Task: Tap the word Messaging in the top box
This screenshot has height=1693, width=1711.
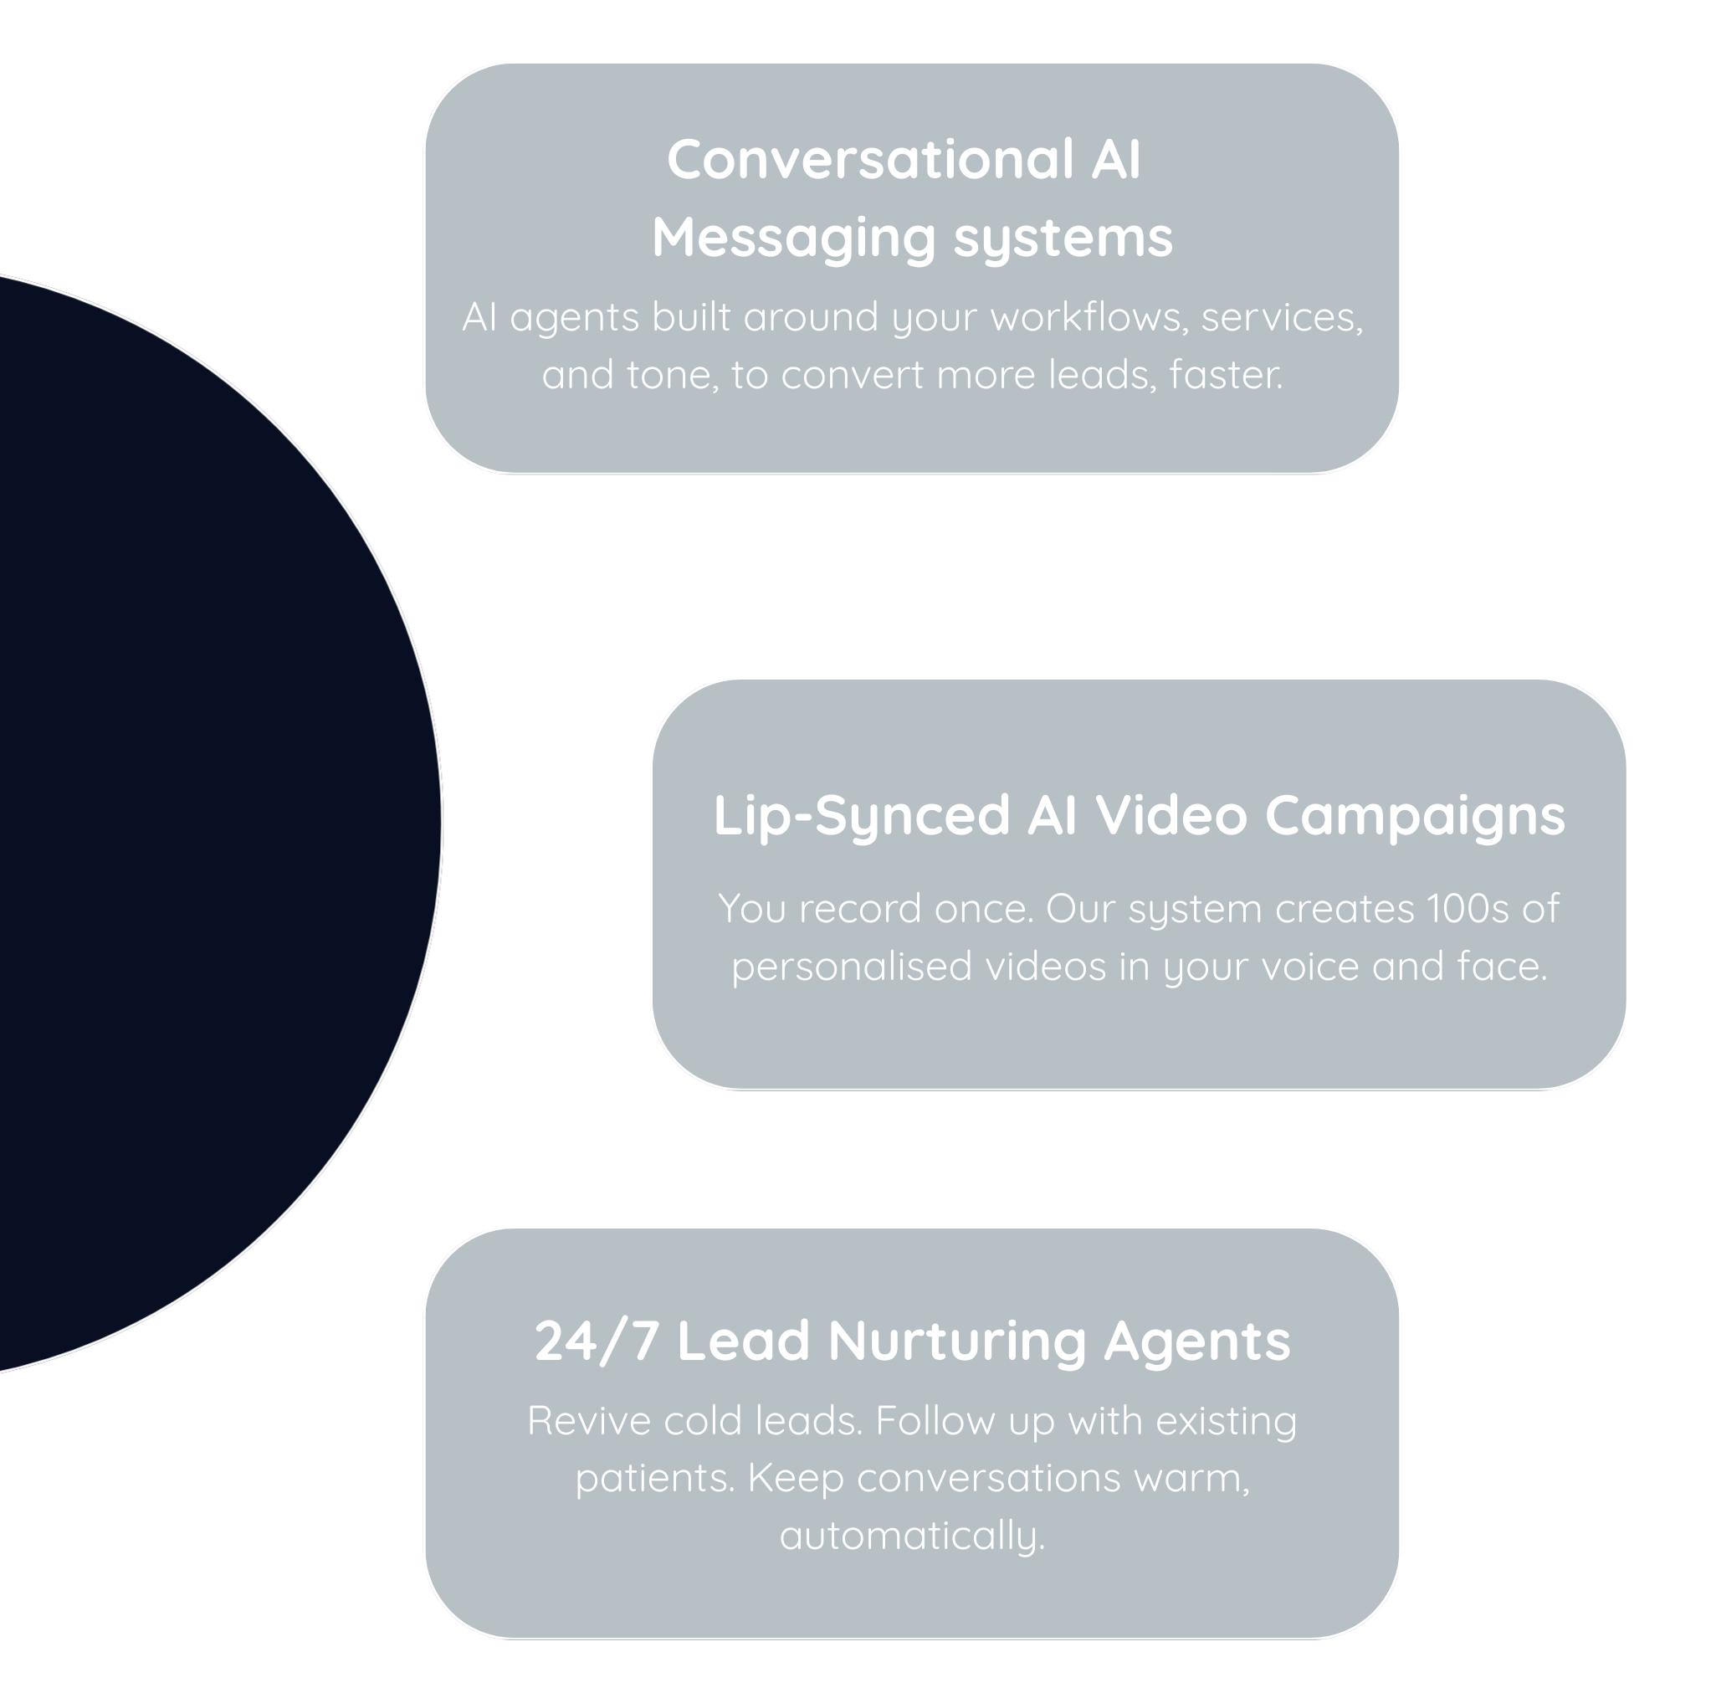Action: coord(792,239)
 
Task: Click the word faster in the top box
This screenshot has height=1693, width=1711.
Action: coord(1224,375)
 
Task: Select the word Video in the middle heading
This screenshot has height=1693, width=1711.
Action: coord(1171,814)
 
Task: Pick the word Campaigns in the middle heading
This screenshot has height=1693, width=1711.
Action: coord(1414,816)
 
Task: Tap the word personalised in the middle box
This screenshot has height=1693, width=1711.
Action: coord(852,967)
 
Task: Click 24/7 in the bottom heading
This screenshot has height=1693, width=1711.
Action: coord(596,1342)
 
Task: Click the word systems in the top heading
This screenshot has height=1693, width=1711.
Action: coord(1062,239)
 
